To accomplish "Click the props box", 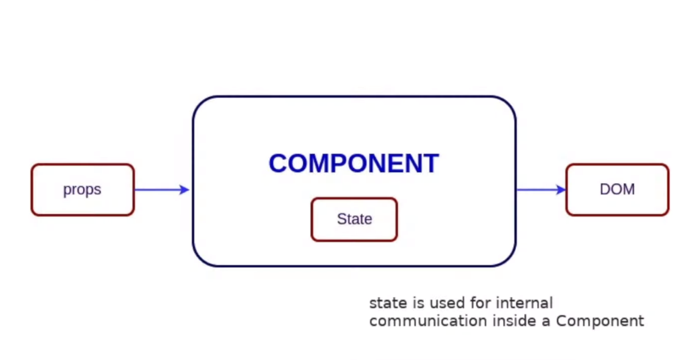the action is (x=82, y=189).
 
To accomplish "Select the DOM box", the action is (x=617, y=189).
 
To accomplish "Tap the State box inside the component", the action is (x=354, y=219).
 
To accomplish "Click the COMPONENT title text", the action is (x=354, y=163).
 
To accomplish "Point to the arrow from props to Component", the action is (x=162, y=190).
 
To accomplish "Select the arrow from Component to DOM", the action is (x=541, y=190).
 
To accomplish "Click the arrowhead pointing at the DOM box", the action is (x=560, y=190).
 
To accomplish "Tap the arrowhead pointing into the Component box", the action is (x=185, y=190).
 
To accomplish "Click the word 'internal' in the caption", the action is (x=524, y=303).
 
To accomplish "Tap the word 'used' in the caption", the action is (x=447, y=303).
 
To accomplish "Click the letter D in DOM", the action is (x=605, y=189).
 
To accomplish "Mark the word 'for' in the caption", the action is (x=480, y=303).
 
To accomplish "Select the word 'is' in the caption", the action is (x=419, y=303).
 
